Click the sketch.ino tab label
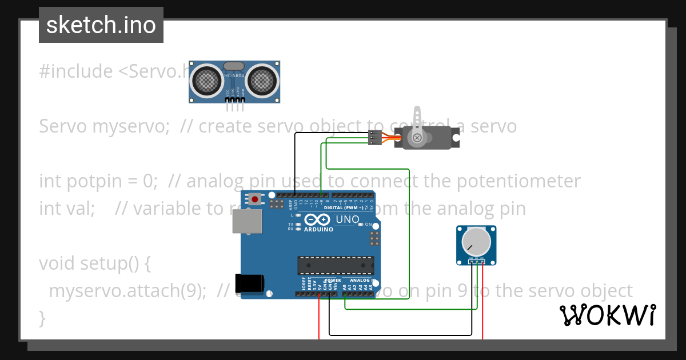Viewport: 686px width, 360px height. pyautogui.click(x=101, y=25)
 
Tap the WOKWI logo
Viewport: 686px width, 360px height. pyautogui.click(x=607, y=315)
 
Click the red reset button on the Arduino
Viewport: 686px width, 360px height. pyautogui.click(x=254, y=199)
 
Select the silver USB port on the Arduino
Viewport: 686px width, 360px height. pyautogui.click(x=247, y=221)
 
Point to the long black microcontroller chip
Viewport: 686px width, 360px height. pyautogui.click(x=336, y=265)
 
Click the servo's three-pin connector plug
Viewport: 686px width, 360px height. pyautogui.click(x=374, y=138)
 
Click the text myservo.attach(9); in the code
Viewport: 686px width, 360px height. pyautogui.click(x=127, y=291)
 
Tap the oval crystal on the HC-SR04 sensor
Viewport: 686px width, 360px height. pyautogui.click(x=234, y=67)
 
